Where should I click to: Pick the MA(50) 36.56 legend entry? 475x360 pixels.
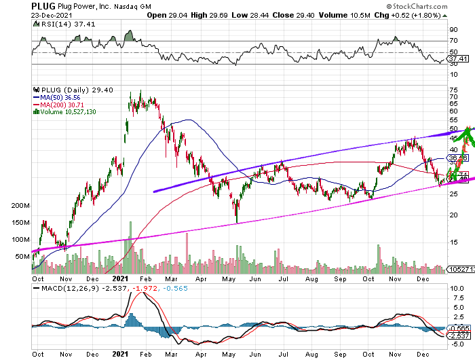coord(56,97)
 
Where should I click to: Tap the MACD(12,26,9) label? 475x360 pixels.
coord(61,289)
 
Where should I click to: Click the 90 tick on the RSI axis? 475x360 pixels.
coord(453,30)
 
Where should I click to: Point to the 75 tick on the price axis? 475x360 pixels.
coord(453,92)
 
